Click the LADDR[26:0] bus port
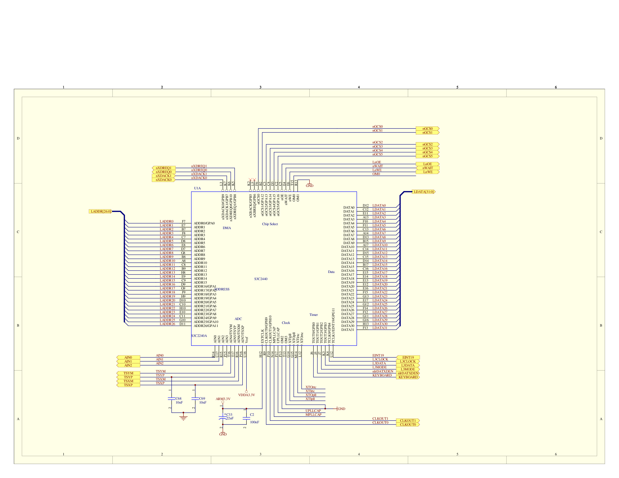100,211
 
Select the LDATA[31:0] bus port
423,192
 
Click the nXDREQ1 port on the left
164,168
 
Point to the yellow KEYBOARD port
408,377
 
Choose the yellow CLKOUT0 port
408,424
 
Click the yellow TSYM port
128,373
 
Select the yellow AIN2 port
128,365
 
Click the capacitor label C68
178,399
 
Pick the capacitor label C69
202,399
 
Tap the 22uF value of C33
230,418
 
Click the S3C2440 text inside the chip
261,279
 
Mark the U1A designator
197,188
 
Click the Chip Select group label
270,224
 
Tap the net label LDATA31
380,328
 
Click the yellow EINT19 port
408,357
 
